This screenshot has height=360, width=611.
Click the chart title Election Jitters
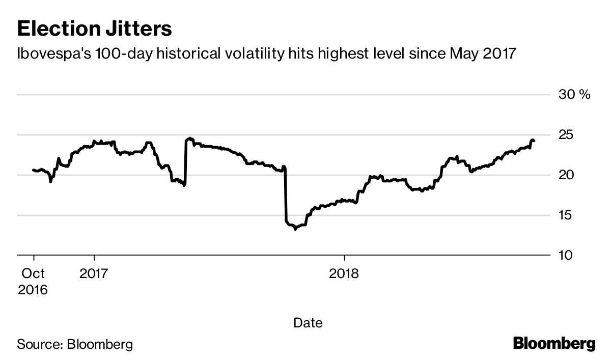94,29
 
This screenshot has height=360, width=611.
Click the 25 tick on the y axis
567,135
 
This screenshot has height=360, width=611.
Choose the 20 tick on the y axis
567,175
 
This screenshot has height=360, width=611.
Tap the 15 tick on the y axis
567,215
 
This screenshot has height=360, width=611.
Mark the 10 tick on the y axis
567,255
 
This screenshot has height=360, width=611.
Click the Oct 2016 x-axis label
33,282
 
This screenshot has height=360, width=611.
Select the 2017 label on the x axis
94,274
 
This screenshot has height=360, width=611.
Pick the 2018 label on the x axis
344,274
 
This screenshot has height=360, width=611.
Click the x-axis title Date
308,322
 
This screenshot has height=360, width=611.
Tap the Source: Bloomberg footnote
75,344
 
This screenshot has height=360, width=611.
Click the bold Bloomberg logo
553,344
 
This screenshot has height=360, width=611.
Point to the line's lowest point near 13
295,229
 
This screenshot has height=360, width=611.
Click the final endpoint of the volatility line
534,141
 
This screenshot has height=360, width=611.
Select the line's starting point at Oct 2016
33,170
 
